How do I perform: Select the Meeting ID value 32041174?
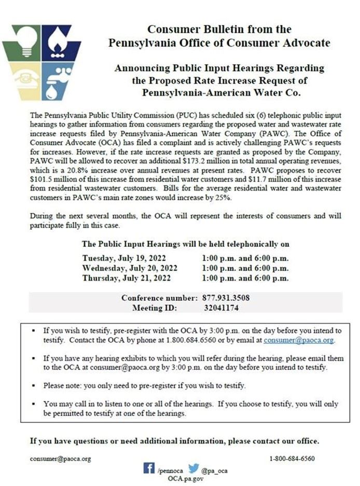pyautogui.click(x=221, y=308)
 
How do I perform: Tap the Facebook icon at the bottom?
pyautogui.click(x=150, y=468)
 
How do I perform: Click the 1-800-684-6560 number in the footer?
pyautogui.click(x=292, y=459)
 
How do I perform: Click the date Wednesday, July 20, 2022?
pyautogui.click(x=130, y=268)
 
